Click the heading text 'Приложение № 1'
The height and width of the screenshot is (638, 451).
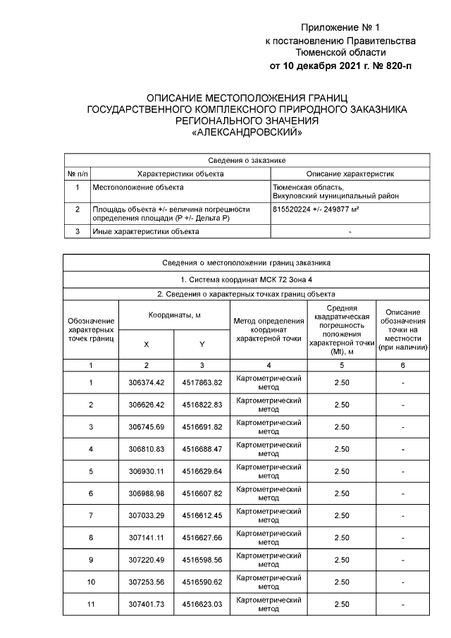pyautogui.click(x=340, y=27)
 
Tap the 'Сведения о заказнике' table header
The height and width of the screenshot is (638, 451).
pyautogui.click(x=247, y=161)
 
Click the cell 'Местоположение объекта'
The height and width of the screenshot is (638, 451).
pyautogui.click(x=138, y=187)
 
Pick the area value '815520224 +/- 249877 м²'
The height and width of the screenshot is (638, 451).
pyautogui.click(x=316, y=209)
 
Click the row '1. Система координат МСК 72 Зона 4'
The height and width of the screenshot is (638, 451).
pyautogui.click(x=247, y=279)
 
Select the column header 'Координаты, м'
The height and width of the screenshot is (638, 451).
pyautogui.click(x=174, y=317)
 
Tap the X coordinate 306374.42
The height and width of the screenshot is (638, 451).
pyautogui.click(x=147, y=382)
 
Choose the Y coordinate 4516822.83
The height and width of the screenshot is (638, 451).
pyautogui.click(x=202, y=405)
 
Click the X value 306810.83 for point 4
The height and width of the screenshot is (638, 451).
pyautogui.click(x=147, y=449)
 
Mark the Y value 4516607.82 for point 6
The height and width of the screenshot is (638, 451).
pyautogui.click(x=202, y=493)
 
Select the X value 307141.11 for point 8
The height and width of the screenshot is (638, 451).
pyautogui.click(x=147, y=538)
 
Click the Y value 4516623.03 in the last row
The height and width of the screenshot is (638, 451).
pyautogui.click(x=202, y=604)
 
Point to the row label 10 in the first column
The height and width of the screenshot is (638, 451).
pyautogui.click(x=91, y=582)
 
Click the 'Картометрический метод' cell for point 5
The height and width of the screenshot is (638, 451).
pyautogui.click(x=268, y=472)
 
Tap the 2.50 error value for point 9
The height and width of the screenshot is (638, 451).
pyautogui.click(x=342, y=560)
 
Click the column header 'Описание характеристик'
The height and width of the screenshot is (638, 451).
pyautogui.click(x=350, y=173)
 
